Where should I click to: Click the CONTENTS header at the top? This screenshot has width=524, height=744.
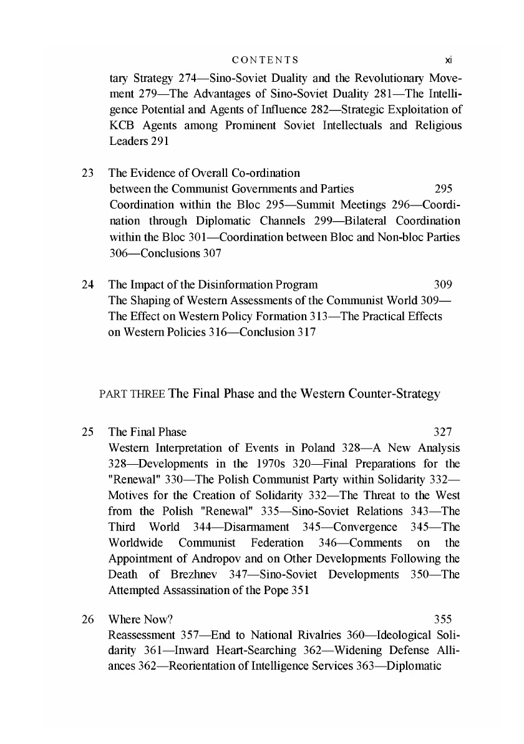[264, 61]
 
